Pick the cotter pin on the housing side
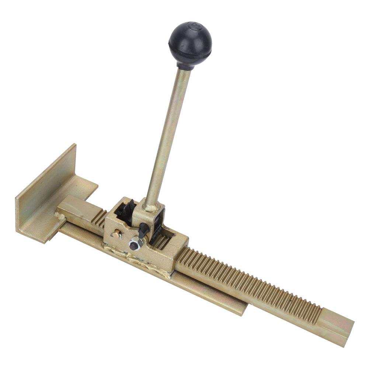tap(118, 234)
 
